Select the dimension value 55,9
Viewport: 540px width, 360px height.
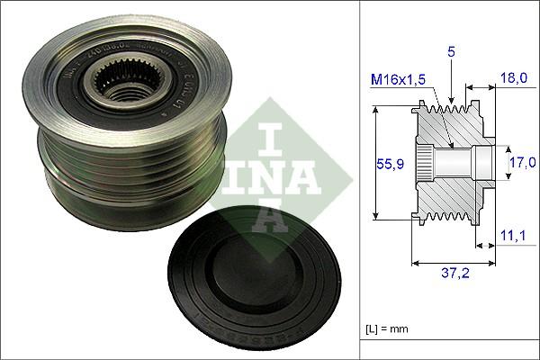[x=389, y=164]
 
